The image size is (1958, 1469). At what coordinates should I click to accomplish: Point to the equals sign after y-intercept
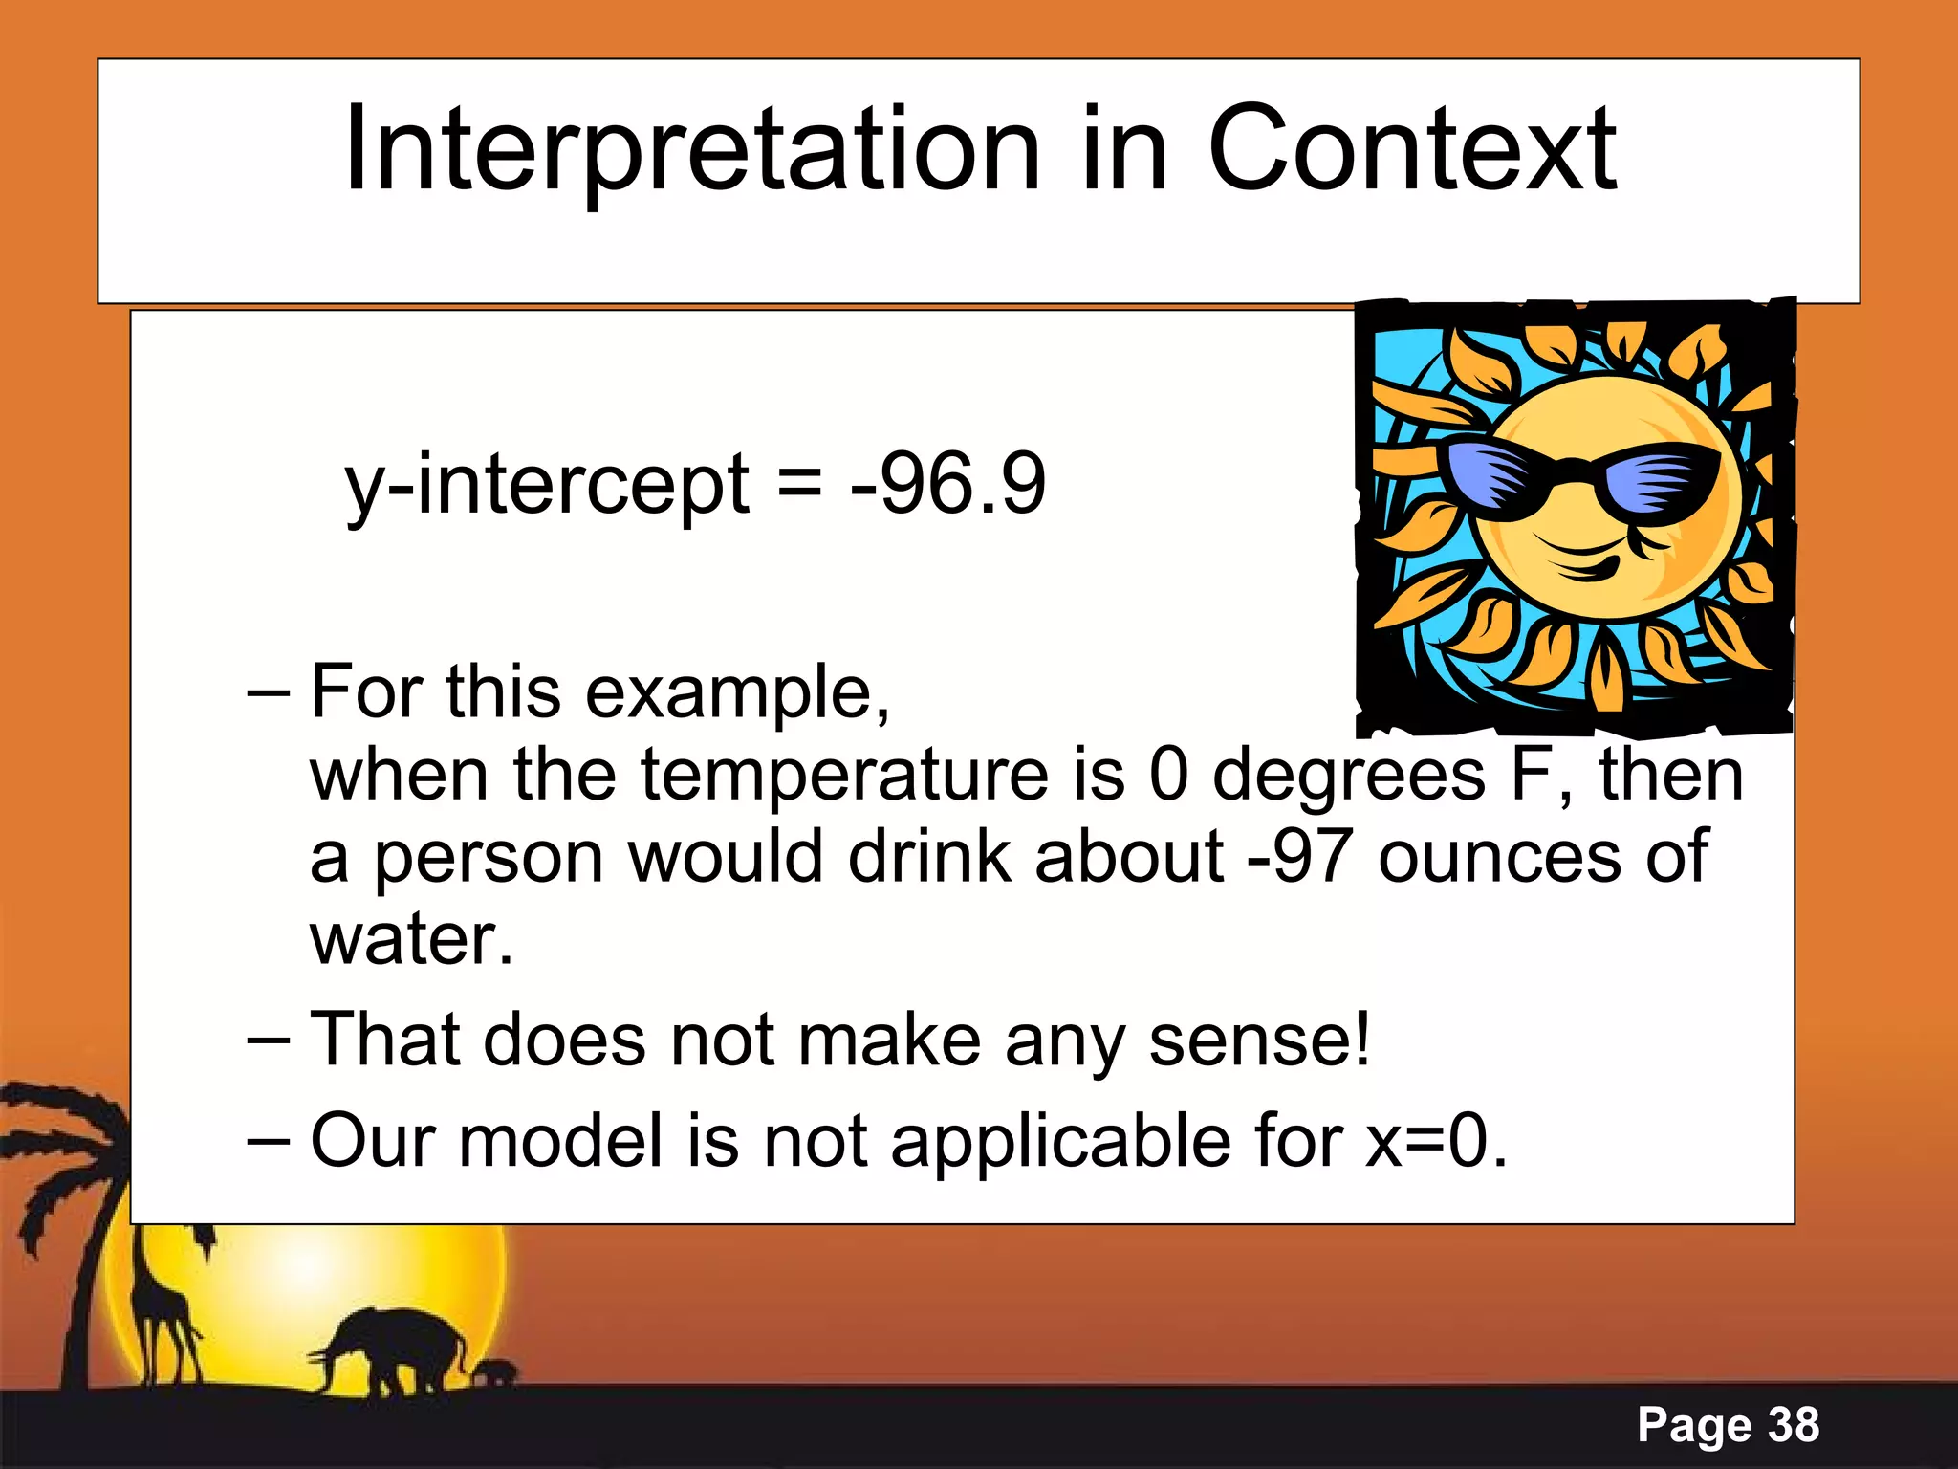[x=799, y=484]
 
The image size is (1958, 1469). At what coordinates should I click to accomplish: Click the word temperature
[x=844, y=775]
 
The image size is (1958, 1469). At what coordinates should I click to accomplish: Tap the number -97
[x=1300, y=856]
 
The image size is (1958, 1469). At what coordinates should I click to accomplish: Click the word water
[x=411, y=939]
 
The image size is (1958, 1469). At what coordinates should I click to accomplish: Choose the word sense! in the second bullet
[x=1259, y=1040]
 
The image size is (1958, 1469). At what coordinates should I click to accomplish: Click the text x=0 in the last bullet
[x=1434, y=1141]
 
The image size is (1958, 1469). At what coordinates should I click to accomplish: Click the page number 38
[x=1794, y=1425]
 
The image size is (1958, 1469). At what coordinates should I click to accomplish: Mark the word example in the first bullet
[x=736, y=691]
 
